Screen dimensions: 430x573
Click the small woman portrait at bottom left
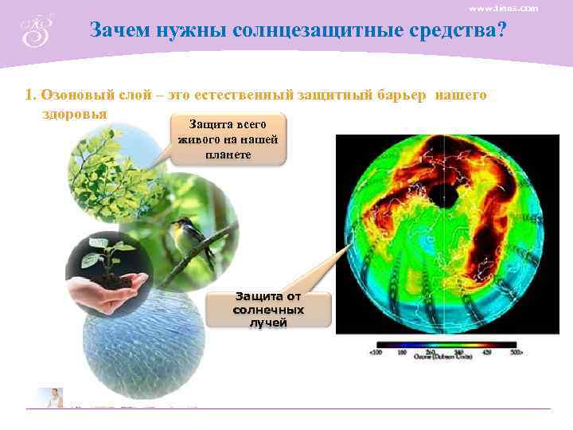(53, 397)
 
